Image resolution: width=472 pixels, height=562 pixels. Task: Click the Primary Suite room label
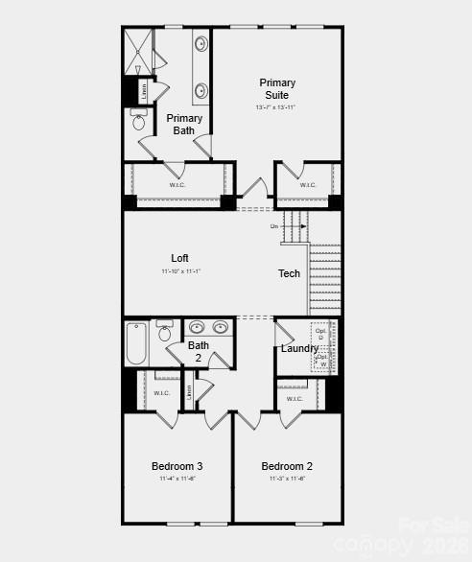click(277, 88)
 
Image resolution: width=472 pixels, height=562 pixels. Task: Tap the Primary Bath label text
click(184, 125)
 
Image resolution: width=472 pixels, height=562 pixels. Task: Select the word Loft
click(179, 258)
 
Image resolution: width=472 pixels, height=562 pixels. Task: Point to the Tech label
click(289, 273)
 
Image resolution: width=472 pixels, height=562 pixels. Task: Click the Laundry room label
click(299, 348)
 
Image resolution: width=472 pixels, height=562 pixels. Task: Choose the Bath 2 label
click(199, 352)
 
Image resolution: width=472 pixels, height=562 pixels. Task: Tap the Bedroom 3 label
click(177, 466)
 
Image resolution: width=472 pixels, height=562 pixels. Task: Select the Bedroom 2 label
click(287, 466)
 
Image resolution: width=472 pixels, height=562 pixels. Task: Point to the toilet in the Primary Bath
click(138, 121)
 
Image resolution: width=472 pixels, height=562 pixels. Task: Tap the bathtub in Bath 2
click(136, 344)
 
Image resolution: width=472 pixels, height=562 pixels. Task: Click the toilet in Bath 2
click(165, 332)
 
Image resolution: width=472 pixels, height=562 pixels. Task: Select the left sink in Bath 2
click(198, 326)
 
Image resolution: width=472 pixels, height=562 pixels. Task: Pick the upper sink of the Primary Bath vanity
click(201, 44)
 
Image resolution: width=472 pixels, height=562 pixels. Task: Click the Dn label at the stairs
click(274, 226)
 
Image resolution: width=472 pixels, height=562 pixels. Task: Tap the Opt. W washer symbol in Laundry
click(323, 361)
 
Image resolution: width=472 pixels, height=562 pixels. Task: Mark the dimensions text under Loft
click(179, 271)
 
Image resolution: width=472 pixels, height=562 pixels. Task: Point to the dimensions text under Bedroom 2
click(287, 479)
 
